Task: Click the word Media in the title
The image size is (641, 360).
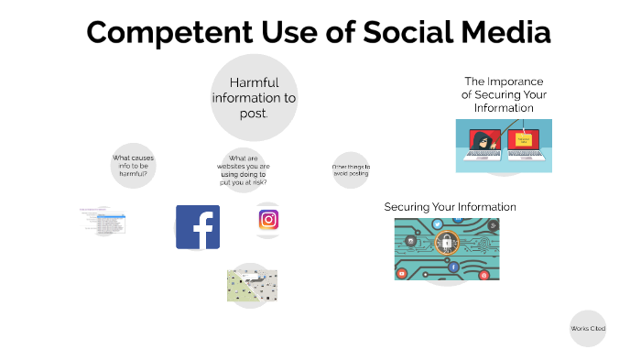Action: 505,33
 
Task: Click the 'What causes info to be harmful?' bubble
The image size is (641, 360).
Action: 134,166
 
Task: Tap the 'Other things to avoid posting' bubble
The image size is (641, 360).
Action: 351,170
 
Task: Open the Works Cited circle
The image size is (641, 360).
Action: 588,328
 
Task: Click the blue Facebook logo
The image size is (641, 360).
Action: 198,227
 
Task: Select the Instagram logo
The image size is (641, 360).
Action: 268,220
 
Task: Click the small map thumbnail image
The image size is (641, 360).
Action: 252,286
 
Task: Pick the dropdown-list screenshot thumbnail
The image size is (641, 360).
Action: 103,220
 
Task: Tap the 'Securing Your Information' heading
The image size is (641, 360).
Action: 450,207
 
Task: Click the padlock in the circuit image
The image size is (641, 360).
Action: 446,244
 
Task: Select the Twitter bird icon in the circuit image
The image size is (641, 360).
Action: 438,224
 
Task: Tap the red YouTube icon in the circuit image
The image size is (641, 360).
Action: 401,273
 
